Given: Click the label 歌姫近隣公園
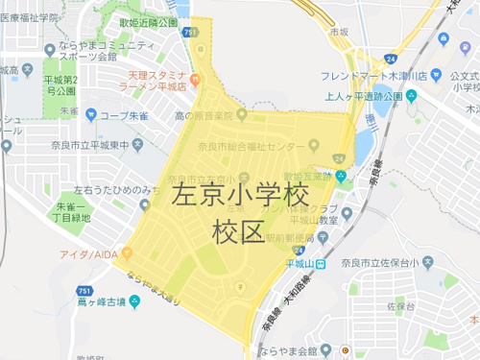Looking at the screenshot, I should point(148,21).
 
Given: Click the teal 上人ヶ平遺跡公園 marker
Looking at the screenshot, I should point(411,96).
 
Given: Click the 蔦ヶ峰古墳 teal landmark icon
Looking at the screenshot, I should point(133,301).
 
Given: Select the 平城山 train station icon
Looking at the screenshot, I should point(320,263).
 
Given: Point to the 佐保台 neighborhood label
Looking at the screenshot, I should point(401,306).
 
